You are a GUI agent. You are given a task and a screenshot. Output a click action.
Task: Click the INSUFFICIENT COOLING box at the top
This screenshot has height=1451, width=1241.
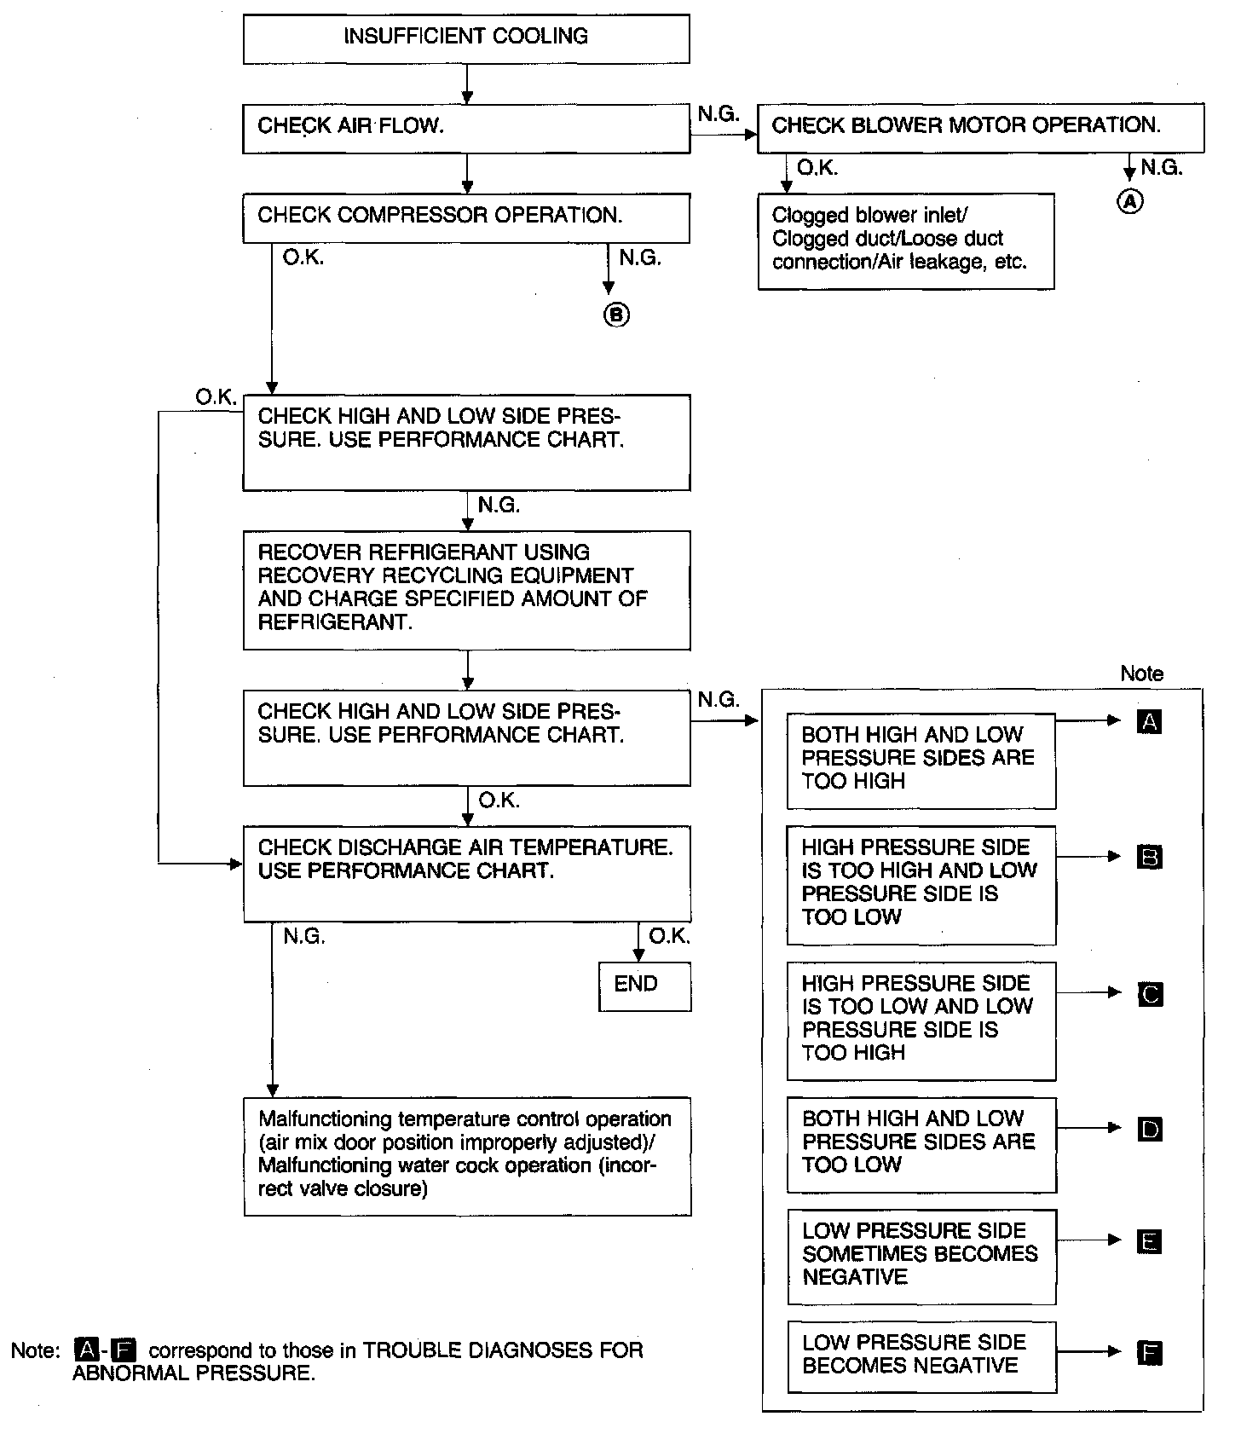coord(465,38)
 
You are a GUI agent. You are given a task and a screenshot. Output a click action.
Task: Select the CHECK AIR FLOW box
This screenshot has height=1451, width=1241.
coord(465,128)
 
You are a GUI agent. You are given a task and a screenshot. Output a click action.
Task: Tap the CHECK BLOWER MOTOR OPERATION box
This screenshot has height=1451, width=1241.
coord(980,127)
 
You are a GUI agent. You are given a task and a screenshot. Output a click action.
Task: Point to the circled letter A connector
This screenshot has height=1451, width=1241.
coord(1129,201)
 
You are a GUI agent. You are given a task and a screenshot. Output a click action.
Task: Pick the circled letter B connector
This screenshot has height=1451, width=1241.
coord(616,315)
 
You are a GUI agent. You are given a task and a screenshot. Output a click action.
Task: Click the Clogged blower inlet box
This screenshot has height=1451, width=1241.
coord(905,240)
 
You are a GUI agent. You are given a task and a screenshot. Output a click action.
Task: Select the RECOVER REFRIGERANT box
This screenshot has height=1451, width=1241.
coord(466,589)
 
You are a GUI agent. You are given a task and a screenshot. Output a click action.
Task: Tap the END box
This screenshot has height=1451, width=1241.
coord(644,986)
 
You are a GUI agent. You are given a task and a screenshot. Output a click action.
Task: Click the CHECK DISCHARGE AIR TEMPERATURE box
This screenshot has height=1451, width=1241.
coord(466,872)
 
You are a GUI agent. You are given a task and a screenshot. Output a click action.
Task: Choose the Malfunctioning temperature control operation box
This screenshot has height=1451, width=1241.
coord(466,1155)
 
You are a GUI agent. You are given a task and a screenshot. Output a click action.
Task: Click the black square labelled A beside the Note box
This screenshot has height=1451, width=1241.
coord(1149,722)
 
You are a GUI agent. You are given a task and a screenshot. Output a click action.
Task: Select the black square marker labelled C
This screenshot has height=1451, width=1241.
coord(1150,994)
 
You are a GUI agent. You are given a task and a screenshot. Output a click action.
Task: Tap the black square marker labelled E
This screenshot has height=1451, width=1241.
coord(1150,1242)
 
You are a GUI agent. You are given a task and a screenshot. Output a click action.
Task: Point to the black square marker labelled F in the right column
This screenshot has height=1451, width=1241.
coord(1150,1352)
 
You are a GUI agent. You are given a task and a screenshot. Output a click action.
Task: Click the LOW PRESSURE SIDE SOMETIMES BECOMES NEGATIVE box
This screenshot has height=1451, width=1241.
coord(921,1256)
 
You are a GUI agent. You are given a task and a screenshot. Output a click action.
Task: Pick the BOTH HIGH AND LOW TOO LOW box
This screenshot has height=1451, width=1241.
coord(921,1144)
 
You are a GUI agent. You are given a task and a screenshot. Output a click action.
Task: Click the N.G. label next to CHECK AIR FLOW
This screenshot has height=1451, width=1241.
coord(718,114)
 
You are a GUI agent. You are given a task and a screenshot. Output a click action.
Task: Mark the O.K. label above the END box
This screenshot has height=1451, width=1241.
coord(669,936)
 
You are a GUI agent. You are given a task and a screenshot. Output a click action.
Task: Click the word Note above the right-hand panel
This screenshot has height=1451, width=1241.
coord(1141,673)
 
